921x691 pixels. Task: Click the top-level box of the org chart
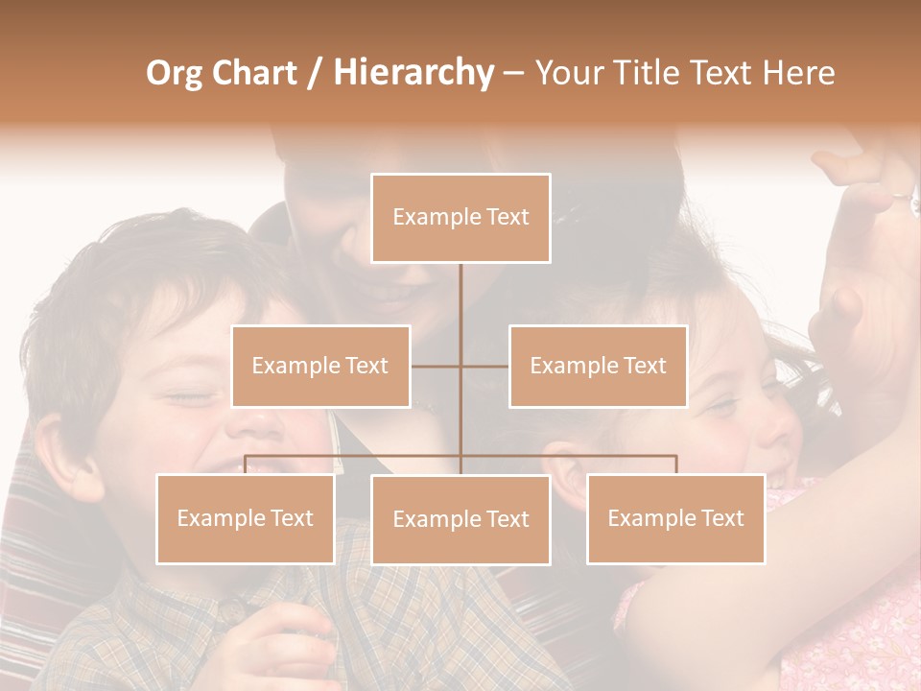pyautogui.click(x=460, y=218)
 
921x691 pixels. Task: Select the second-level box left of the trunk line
pyautogui.click(x=320, y=366)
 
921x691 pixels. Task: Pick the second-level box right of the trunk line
pyautogui.click(x=598, y=366)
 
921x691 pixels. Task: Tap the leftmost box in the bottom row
pyautogui.click(x=245, y=518)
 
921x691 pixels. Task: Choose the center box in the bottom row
pyautogui.click(x=460, y=519)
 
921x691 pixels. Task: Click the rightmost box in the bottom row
pyautogui.click(x=675, y=518)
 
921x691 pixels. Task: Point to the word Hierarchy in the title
pyautogui.click(x=413, y=72)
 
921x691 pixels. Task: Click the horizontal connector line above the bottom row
pyautogui.click(x=355, y=456)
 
